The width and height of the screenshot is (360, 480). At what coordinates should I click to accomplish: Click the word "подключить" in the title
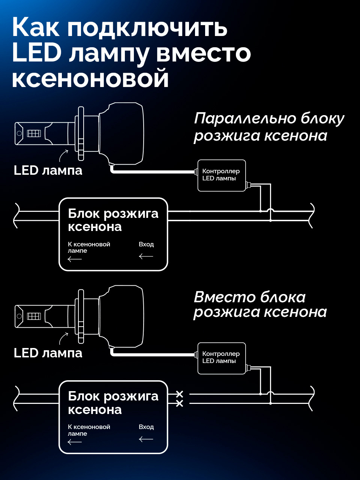(147, 28)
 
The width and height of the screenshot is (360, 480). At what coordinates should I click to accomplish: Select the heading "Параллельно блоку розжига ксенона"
(268, 127)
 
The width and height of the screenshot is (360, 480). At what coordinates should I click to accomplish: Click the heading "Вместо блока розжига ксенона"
(260, 304)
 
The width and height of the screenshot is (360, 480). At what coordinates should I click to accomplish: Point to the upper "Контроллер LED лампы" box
(221, 175)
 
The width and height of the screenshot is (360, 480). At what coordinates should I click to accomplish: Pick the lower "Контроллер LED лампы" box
(221, 358)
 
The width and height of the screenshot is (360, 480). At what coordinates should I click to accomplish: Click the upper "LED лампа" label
(48, 170)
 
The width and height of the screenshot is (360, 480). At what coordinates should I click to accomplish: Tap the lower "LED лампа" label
(48, 353)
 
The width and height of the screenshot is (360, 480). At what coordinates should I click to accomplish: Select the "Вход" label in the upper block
(146, 244)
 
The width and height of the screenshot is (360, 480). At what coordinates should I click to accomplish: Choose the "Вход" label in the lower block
(146, 427)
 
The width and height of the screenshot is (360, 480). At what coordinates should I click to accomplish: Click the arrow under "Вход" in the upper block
(146, 256)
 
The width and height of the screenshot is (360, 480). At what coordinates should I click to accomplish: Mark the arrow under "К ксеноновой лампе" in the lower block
(75, 442)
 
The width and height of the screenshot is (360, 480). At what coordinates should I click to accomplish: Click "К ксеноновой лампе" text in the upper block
(88, 247)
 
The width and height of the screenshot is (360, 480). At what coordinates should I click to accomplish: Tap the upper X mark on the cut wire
(180, 394)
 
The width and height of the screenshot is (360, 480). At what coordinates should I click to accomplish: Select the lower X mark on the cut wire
(180, 404)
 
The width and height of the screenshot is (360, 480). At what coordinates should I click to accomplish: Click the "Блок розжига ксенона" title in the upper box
(113, 220)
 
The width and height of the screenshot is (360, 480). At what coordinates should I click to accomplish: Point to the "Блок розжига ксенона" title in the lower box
(113, 403)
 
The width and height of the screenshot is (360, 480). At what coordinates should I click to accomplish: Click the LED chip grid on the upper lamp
(34, 133)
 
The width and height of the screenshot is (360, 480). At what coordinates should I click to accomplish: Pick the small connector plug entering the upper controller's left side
(196, 172)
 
